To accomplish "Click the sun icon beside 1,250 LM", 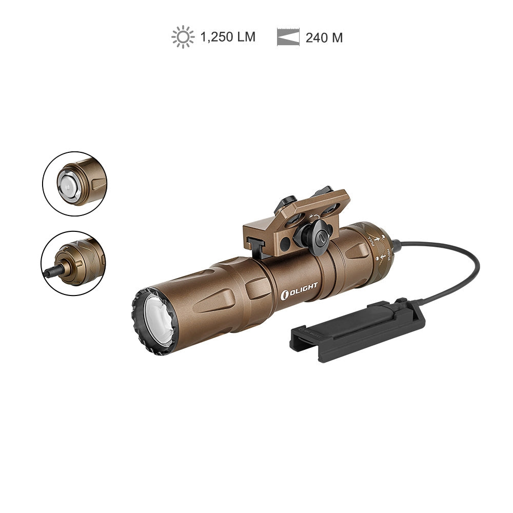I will coord(183,37).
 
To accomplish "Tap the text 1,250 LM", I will coord(228,37).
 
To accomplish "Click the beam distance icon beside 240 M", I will coord(288,37).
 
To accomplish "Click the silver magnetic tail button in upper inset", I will coord(67,183).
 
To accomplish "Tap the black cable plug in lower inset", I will coord(50,272).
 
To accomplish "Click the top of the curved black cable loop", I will coord(451,245).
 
